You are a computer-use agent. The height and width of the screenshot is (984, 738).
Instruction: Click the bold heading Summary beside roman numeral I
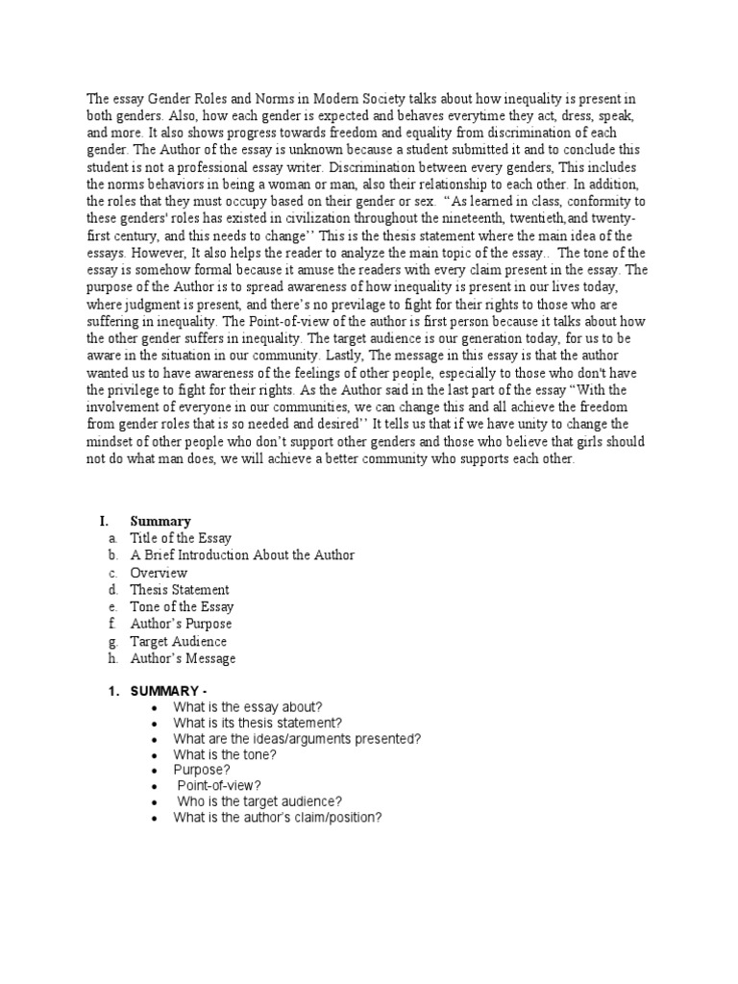point(160,521)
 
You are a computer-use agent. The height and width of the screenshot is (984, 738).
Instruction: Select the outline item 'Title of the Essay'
point(181,538)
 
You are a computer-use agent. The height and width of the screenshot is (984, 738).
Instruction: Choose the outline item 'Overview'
point(159,573)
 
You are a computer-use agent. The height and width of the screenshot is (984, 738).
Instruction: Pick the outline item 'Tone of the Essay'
point(182,607)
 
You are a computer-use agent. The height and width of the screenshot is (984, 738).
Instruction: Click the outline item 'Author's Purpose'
point(181,625)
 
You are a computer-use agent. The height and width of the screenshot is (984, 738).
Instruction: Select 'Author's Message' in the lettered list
point(183,659)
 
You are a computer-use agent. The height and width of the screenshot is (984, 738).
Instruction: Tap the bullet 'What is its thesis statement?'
point(257,723)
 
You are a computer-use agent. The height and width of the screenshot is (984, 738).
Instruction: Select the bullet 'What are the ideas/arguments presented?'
point(297,739)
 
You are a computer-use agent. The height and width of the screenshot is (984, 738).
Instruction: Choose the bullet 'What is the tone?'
point(225,754)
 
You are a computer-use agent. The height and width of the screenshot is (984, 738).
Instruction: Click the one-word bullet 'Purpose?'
point(201,771)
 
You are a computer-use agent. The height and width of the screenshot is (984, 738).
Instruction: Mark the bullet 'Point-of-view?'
point(219,786)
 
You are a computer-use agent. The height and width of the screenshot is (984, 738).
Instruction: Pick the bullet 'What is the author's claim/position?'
point(278,818)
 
